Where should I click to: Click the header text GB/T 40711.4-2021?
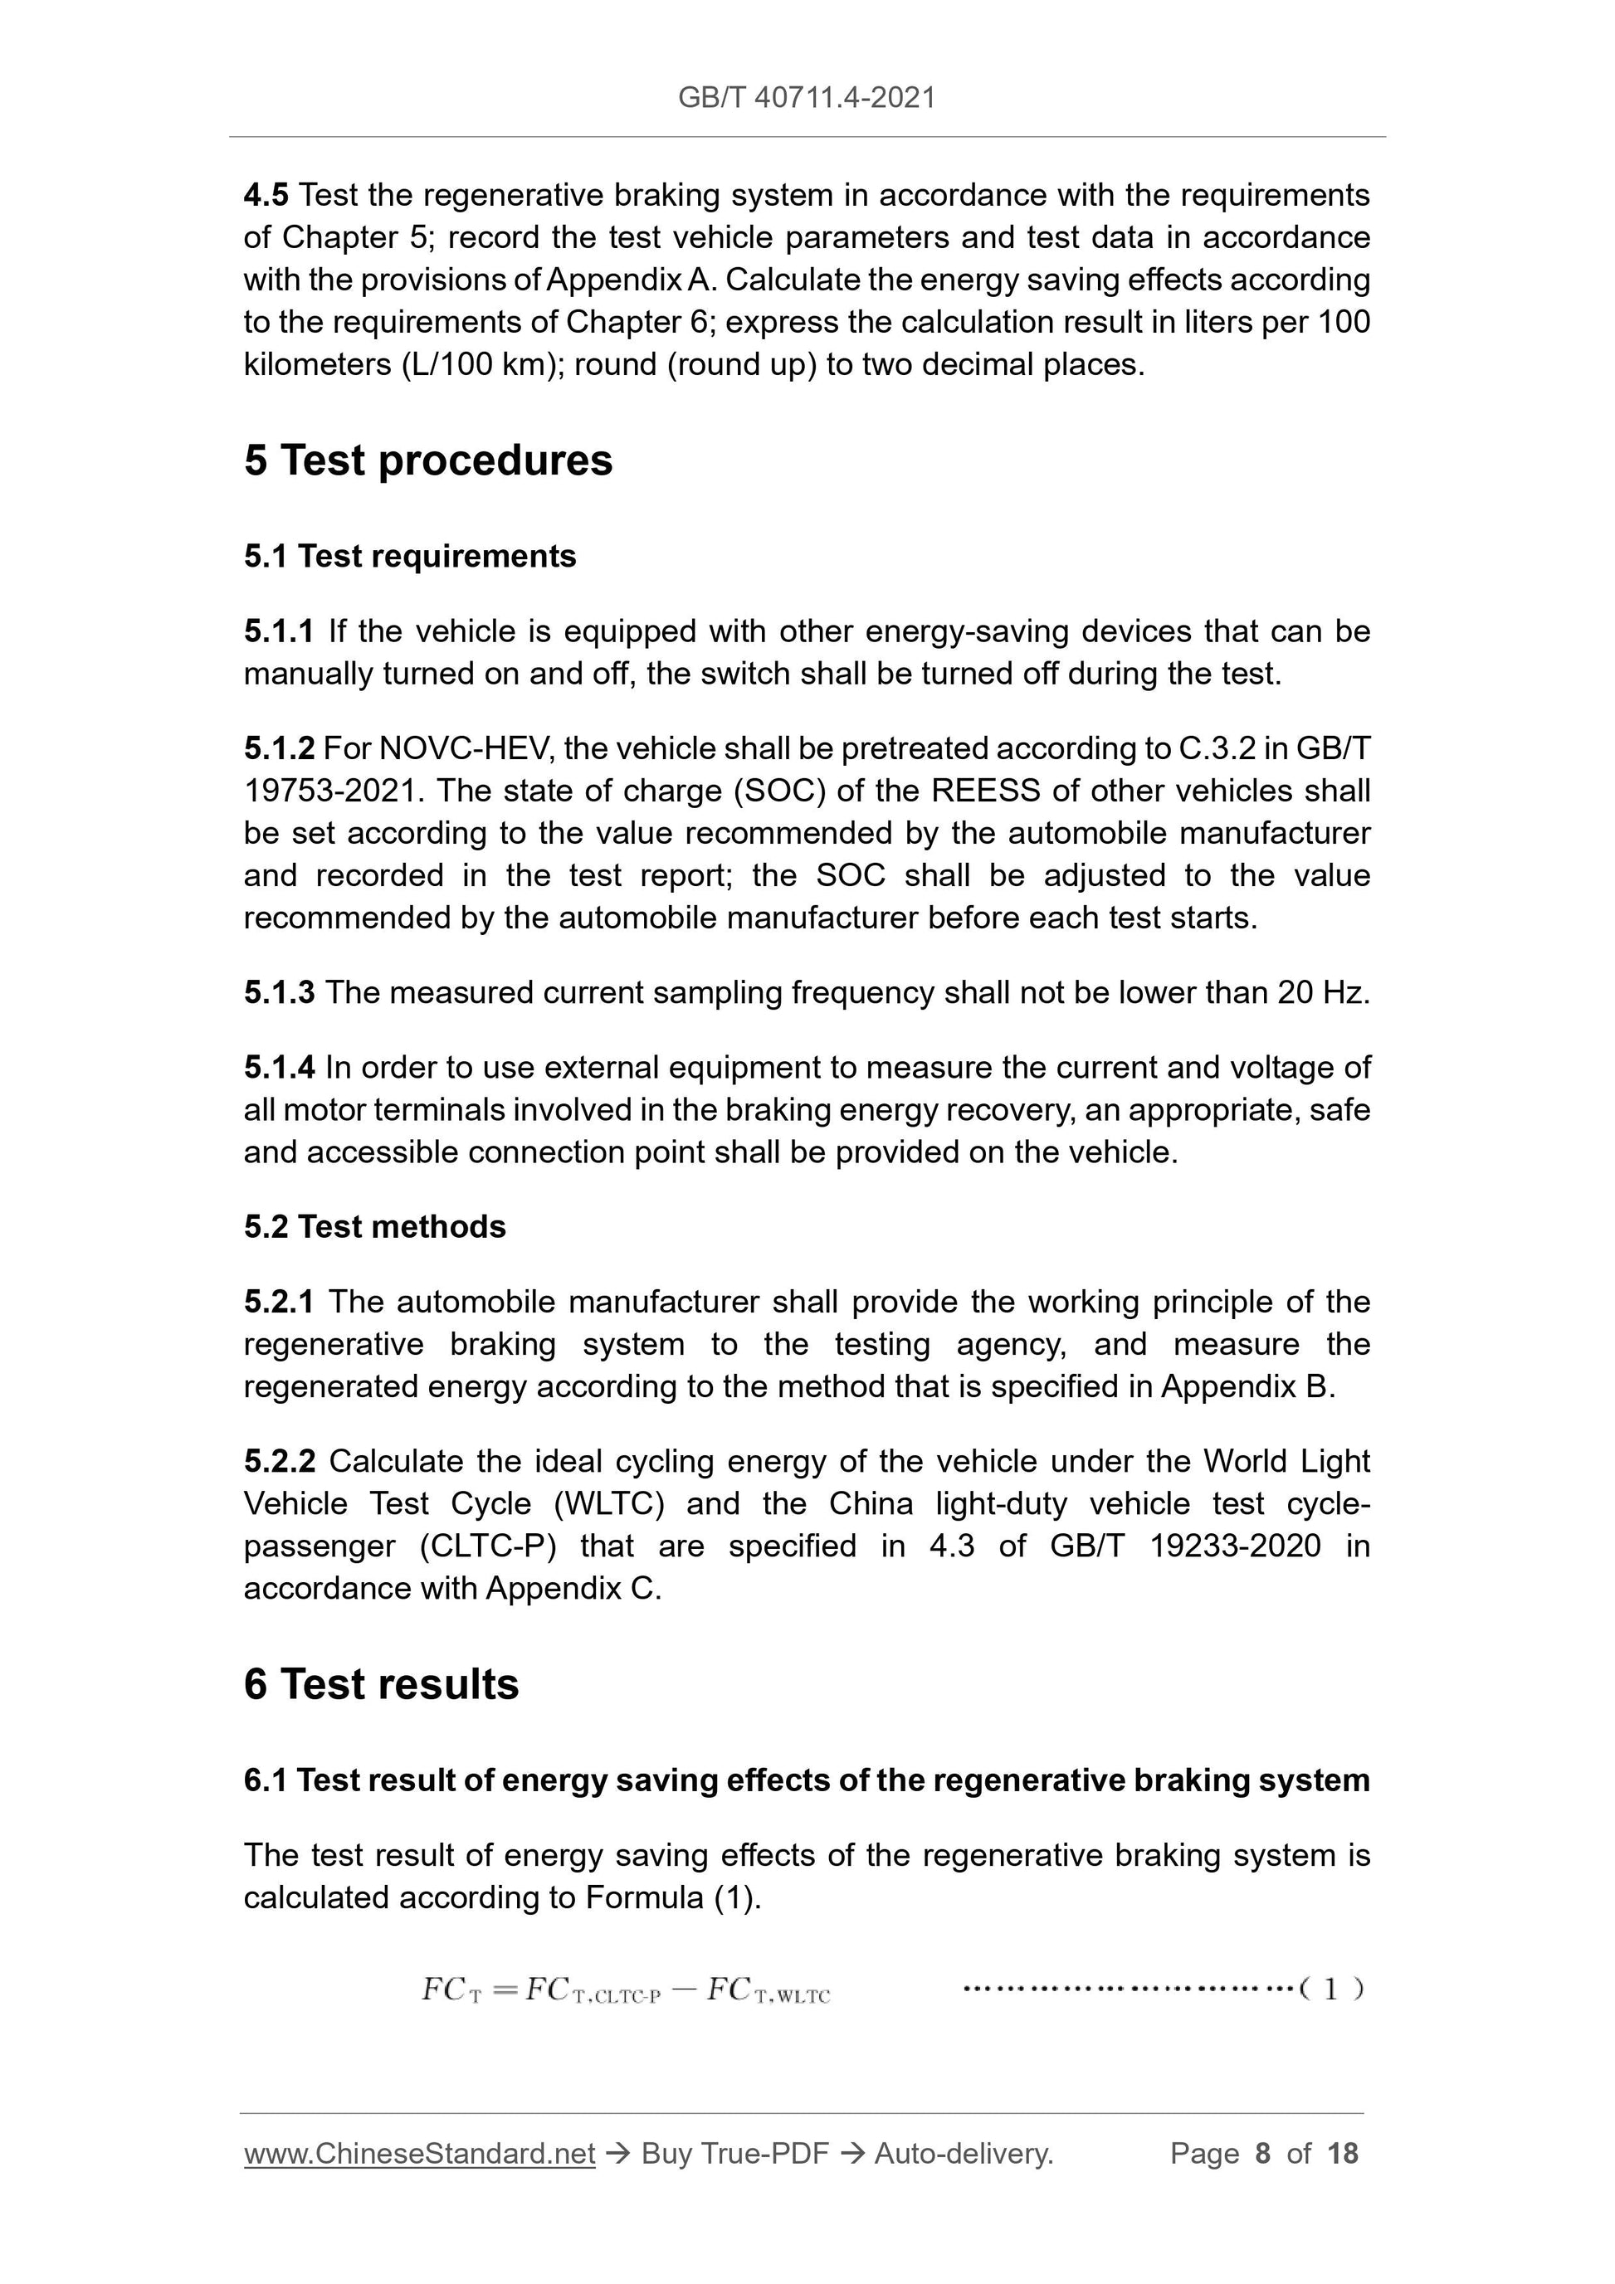click(x=806, y=98)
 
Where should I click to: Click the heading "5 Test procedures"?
click(x=428, y=460)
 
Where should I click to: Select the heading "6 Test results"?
click(x=381, y=1684)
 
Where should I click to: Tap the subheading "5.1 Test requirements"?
click(x=410, y=556)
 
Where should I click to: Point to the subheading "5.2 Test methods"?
click(x=374, y=1226)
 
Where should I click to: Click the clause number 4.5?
click(x=266, y=195)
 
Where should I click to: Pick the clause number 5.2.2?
click(x=279, y=1461)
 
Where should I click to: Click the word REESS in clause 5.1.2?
click(x=985, y=791)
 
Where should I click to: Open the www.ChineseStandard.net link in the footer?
click(x=419, y=2154)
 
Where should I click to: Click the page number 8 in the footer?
click(x=1263, y=2154)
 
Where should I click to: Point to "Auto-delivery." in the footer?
click(x=964, y=2154)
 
